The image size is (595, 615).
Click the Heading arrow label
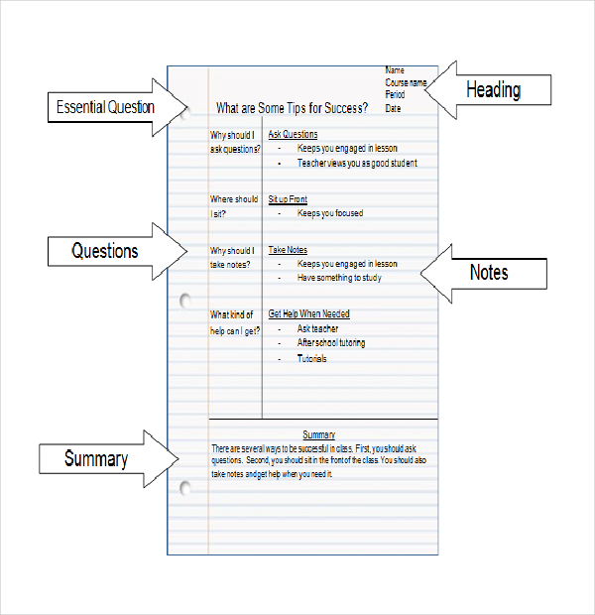pos(493,90)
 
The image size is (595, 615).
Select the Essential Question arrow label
pos(106,106)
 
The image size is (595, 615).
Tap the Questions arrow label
pos(104,251)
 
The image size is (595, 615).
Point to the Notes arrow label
pos(489,272)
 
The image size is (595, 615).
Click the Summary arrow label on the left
pos(96,459)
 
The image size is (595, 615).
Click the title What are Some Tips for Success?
pos(292,108)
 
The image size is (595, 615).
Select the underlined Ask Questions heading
pos(293,134)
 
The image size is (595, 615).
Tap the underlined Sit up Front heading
pos(288,199)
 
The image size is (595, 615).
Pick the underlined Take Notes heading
pos(288,251)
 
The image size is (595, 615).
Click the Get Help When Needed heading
pos(308,314)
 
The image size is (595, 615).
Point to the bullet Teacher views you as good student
pos(357,163)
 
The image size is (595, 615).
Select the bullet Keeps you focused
pos(330,213)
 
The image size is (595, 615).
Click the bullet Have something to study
pos(339,278)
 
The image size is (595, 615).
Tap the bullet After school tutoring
pos(331,343)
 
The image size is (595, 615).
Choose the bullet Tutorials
pos(312,359)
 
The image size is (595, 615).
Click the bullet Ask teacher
pos(317,328)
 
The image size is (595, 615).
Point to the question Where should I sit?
pos(234,206)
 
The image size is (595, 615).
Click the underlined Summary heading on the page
pos(318,434)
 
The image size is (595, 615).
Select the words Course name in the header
pos(406,82)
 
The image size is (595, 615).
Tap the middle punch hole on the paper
pos(184,300)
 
